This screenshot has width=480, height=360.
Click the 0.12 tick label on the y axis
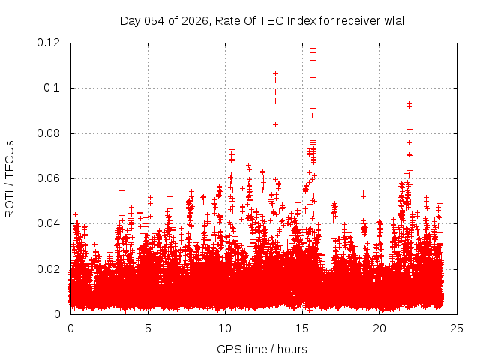[50, 43]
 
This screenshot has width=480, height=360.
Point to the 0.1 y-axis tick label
[53, 88]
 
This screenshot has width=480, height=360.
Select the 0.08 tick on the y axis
[50, 133]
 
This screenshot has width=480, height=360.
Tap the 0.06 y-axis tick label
[50, 178]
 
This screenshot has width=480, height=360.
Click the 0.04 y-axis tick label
[50, 223]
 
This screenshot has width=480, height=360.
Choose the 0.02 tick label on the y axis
[50, 268]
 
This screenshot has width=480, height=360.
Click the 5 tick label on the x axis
[148, 328]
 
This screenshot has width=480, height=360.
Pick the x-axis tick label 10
[225, 328]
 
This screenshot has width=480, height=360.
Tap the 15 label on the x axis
[302, 328]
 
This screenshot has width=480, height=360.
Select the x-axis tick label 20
[379, 328]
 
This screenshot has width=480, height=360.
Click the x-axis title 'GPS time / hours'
[262, 349]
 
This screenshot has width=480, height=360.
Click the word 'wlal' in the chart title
[393, 20]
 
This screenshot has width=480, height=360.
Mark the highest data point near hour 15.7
[313, 48]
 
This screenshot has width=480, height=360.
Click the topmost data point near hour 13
[275, 73]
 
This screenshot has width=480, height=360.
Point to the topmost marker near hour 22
[409, 103]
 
